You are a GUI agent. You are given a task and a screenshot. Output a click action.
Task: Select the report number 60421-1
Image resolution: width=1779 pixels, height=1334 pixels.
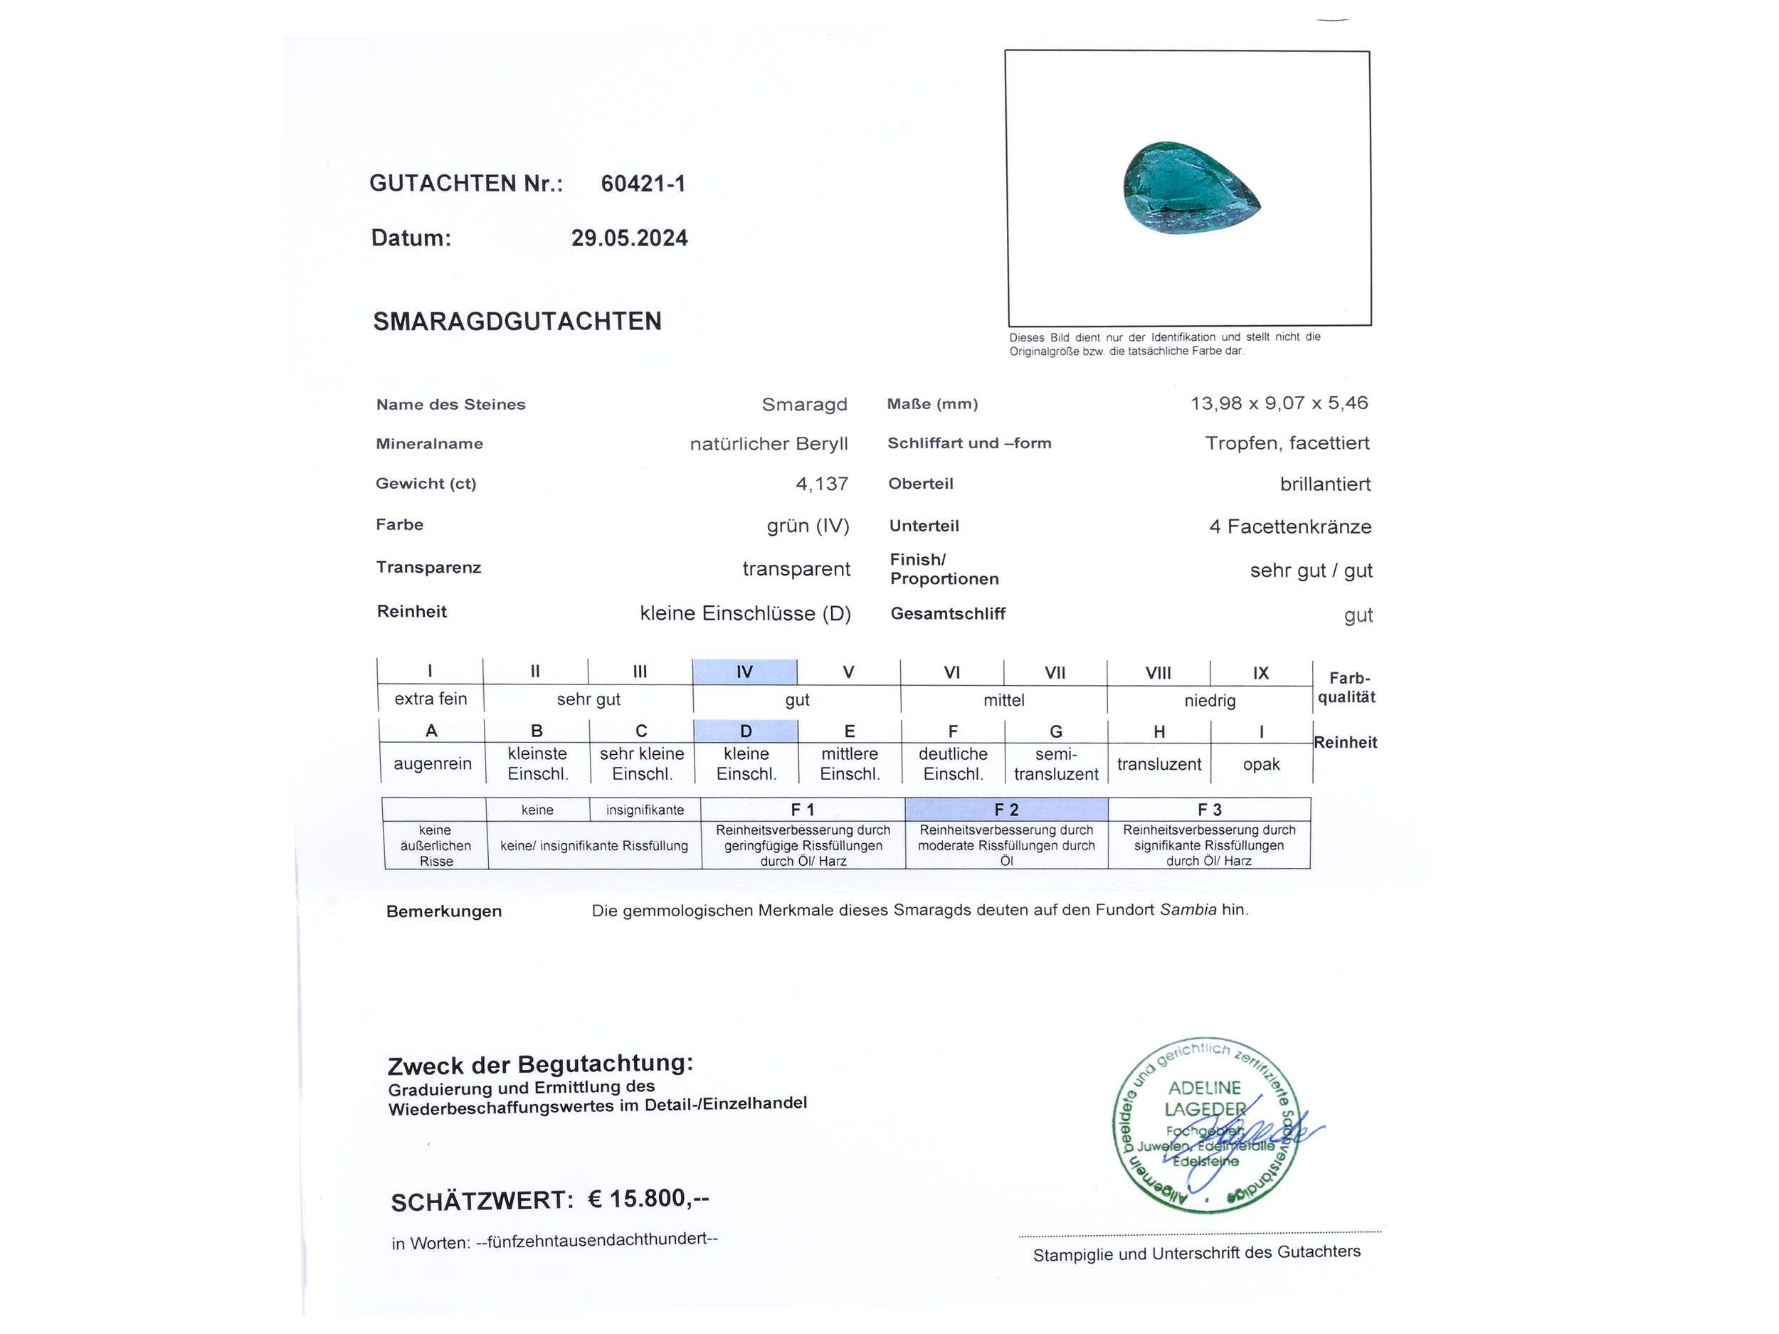[x=643, y=184]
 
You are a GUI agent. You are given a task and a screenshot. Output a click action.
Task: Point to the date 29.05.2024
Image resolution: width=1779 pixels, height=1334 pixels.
[x=630, y=238]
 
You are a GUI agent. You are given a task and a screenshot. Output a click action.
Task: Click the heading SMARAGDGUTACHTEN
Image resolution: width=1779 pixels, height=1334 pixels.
[x=517, y=322]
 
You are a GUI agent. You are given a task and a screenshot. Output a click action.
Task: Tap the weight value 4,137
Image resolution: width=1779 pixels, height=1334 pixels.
[x=822, y=484]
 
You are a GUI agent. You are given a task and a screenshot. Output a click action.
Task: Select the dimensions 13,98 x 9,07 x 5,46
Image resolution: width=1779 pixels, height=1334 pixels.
[x=1279, y=403]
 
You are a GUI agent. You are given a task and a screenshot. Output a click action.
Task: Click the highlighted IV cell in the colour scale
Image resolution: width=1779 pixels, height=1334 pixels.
[x=745, y=672]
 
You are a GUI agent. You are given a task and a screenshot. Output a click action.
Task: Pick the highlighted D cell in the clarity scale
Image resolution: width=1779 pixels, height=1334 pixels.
[x=746, y=731]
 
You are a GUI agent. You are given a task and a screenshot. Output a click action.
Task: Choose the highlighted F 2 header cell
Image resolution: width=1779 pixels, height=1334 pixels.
[x=1006, y=810]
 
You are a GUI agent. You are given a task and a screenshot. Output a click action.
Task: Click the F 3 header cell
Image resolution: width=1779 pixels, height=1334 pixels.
[x=1209, y=810]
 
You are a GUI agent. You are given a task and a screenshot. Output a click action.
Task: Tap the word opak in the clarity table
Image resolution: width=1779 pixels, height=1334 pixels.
[x=1261, y=764]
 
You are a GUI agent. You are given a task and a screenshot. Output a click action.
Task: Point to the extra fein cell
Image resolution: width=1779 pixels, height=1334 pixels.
[x=431, y=699]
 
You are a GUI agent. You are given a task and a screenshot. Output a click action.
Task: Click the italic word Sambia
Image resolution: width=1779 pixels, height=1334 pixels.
[x=1188, y=910]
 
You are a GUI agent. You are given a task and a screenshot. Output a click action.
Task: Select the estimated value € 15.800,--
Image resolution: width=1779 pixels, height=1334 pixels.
[x=648, y=1199]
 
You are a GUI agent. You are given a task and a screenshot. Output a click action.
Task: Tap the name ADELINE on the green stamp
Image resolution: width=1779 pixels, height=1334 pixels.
[x=1204, y=1088]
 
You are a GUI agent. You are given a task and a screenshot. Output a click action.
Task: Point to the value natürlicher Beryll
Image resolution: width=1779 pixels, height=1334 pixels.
[x=769, y=444]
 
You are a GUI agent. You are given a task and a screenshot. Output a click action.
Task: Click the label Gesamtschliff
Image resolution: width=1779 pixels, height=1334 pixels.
[x=947, y=613]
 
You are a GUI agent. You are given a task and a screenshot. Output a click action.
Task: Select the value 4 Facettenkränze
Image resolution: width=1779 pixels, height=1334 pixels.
[x=1290, y=526]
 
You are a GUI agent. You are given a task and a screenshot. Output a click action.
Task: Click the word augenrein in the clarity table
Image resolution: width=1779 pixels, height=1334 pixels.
[x=433, y=764]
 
